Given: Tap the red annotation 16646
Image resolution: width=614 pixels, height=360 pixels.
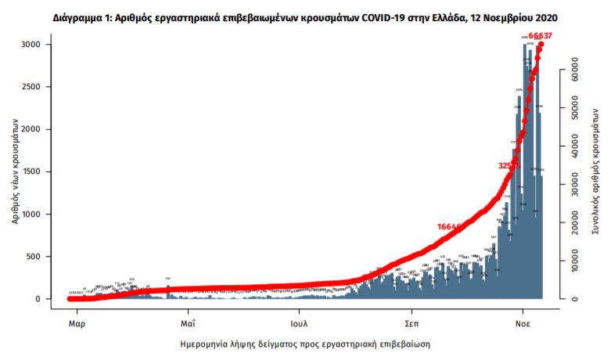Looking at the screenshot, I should click(x=452, y=226).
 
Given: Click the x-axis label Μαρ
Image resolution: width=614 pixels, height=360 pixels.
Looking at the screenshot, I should click(x=76, y=322).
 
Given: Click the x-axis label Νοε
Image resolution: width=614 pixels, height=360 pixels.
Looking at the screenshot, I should click(x=523, y=322).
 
